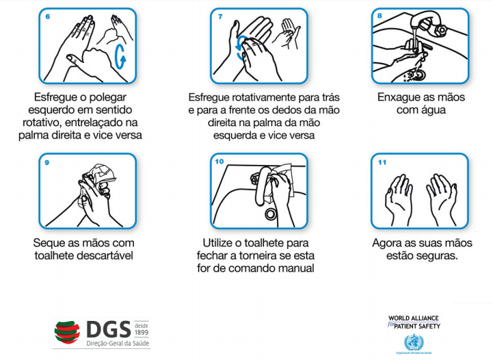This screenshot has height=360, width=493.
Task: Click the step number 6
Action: [47, 16]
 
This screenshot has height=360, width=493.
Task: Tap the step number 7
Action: [220, 16]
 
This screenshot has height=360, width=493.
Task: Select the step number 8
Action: [379, 16]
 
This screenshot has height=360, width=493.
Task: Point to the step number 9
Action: [47, 162]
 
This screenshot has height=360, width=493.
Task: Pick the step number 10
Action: [219, 162]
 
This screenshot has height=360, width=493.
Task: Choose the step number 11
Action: [382, 162]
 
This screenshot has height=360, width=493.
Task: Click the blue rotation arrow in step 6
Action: [120, 57]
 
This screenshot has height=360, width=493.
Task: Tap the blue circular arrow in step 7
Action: [241, 48]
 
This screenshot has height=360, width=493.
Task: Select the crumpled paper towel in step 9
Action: [99, 175]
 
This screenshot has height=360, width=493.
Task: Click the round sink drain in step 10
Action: [270, 214]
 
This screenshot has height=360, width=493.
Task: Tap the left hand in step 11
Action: [399, 199]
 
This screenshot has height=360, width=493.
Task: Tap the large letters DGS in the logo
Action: [109, 329]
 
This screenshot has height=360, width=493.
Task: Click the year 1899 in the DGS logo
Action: [142, 333]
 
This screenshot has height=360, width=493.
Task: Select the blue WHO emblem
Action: [414, 342]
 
